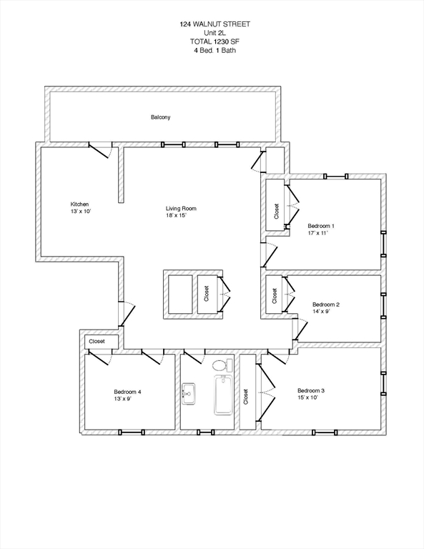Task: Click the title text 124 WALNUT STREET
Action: coord(215,24)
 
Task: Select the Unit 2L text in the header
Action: coord(215,33)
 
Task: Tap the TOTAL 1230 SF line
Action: coord(215,41)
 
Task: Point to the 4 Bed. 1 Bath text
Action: coord(215,51)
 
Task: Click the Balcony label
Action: coord(160,117)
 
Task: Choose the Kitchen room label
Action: coord(79,204)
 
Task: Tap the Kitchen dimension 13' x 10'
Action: coord(80,212)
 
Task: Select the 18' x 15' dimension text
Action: coord(176,216)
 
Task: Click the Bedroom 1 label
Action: coord(320,226)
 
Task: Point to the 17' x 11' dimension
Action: coord(319,234)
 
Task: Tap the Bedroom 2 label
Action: coord(325,305)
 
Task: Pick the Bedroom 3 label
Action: coord(311,390)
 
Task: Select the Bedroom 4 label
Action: coord(127,392)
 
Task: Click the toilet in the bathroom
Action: coord(222,366)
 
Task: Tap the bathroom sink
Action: coord(188,392)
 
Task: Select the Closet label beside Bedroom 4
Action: coord(97,342)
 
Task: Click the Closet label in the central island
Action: coord(207,295)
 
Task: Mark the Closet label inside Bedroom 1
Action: coord(276,212)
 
